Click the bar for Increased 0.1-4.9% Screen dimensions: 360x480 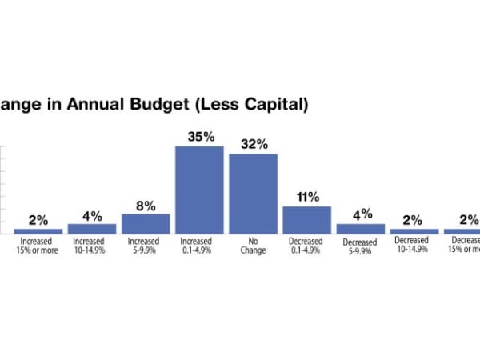[x=199, y=190]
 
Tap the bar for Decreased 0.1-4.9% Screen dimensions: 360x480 [x=306, y=220]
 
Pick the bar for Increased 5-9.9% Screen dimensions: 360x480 [x=146, y=223]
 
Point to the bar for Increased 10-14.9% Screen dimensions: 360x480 [x=92, y=228]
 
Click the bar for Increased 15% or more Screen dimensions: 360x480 [x=38, y=230]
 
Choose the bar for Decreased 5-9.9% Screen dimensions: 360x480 [x=360, y=228]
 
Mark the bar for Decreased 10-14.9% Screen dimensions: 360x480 [x=414, y=230]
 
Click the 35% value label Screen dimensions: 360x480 [x=201, y=137]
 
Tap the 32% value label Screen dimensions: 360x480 [x=254, y=144]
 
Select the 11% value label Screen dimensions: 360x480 [x=307, y=197]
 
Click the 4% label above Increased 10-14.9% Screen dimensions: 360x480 [x=92, y=215]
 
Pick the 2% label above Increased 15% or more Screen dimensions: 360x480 [x=38, y=220]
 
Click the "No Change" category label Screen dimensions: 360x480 [x=253, y=245]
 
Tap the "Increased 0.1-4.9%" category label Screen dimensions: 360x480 [x=199, y=245]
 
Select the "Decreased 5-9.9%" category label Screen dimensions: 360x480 [x=360, y=246]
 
